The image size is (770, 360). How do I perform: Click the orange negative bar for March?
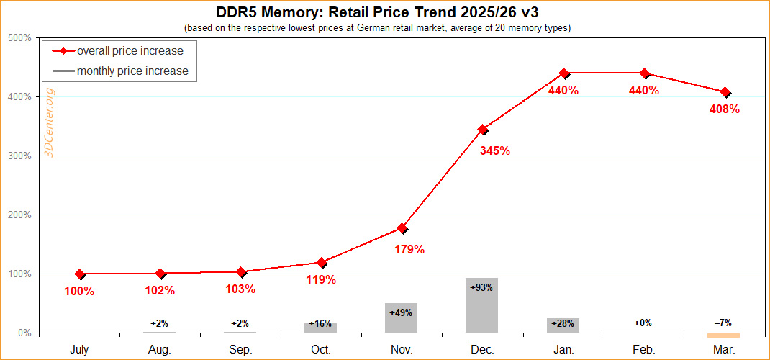[x=723, y=335]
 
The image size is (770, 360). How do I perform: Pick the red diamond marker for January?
[x=564, y=73]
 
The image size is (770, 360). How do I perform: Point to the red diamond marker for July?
[x=80, y=274]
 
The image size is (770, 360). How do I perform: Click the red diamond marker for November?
[x=402, y=228]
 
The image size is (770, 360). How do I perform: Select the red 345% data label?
[x=494, y=151]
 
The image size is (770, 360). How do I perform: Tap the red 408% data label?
[x=724, y=109]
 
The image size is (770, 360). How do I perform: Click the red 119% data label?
[x=321, y=279]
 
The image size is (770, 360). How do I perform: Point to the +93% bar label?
[x=481, y=287]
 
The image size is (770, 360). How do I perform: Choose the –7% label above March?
[x=723, y=323]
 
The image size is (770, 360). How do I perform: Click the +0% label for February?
[x=643, y=323]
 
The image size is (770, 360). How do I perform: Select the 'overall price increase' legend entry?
[x=130, y=51]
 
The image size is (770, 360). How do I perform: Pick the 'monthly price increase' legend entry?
[x=132, y=71]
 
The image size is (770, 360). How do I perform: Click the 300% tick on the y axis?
[x=19, y=156]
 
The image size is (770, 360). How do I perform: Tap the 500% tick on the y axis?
[x=19, y=37]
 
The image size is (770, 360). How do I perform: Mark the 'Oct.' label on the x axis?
[x=321, y=349]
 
